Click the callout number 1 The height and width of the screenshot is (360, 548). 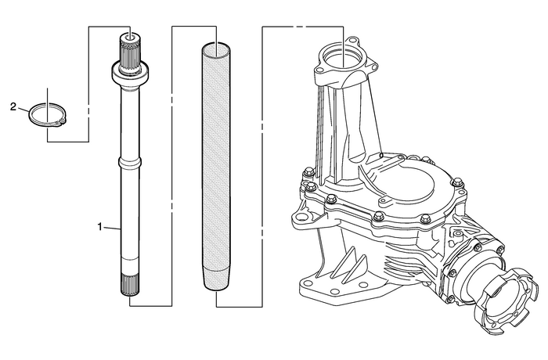tap(99, 226)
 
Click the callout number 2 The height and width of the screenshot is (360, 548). tap(13, 105)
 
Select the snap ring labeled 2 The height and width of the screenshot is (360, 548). tap(46, 115)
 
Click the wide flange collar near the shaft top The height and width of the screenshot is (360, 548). tap(128, 75)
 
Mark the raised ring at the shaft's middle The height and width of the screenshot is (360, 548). tap(128, 162)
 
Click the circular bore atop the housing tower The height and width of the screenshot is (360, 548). tap(344, 58)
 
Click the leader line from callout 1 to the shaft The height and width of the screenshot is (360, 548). tap(112, 228)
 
